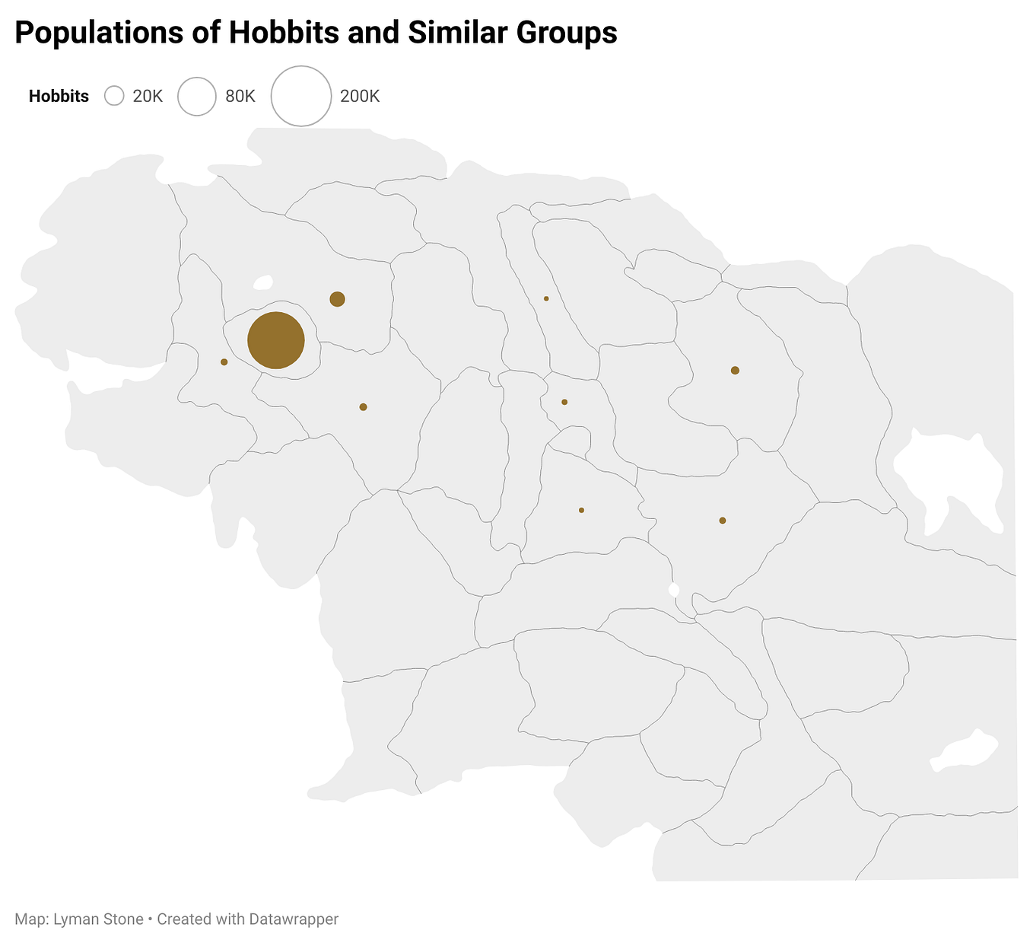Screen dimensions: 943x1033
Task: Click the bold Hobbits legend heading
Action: coord(59,97)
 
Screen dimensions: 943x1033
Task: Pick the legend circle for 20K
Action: coord(114,96)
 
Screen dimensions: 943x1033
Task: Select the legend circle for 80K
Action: coord(197,96)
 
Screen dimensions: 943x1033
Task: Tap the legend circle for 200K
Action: coord(300,96)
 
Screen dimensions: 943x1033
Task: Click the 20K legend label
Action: coord(148,97)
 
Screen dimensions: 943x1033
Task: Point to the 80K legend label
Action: coord(240,97)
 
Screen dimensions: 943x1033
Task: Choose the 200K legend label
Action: coord(360,97)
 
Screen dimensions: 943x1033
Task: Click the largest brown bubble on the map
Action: coord(276,341)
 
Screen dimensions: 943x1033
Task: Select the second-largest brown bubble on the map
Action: coord(338,299)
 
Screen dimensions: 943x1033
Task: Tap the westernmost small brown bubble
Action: coord(224,362)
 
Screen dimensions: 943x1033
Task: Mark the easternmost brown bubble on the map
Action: coord(735,371)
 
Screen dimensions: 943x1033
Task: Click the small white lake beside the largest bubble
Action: coord(263,283)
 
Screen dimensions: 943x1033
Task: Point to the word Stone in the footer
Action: coord(124,919)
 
